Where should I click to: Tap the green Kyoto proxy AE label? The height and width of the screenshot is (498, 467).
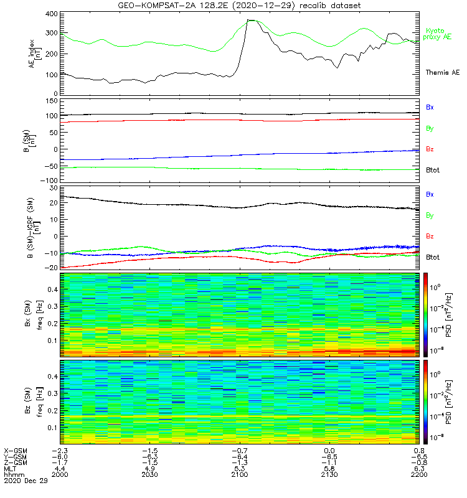pyautogui.click(x=438, y=34)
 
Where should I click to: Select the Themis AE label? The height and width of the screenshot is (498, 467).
pyautogui.click(x=442, y=73)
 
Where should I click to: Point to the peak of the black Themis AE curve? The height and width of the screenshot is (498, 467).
pyautogui.click(x=250, y=20)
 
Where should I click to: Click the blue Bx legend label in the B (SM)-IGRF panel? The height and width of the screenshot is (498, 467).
pyautogui.click(x=430, y=194)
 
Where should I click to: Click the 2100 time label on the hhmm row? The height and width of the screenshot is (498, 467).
pyautogui.click(x=240, y=475)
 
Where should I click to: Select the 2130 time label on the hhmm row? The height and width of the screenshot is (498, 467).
pyautogui.click(x=329, y=475)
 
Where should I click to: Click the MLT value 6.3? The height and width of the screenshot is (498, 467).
pyautogui.click(x=420, y=469)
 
